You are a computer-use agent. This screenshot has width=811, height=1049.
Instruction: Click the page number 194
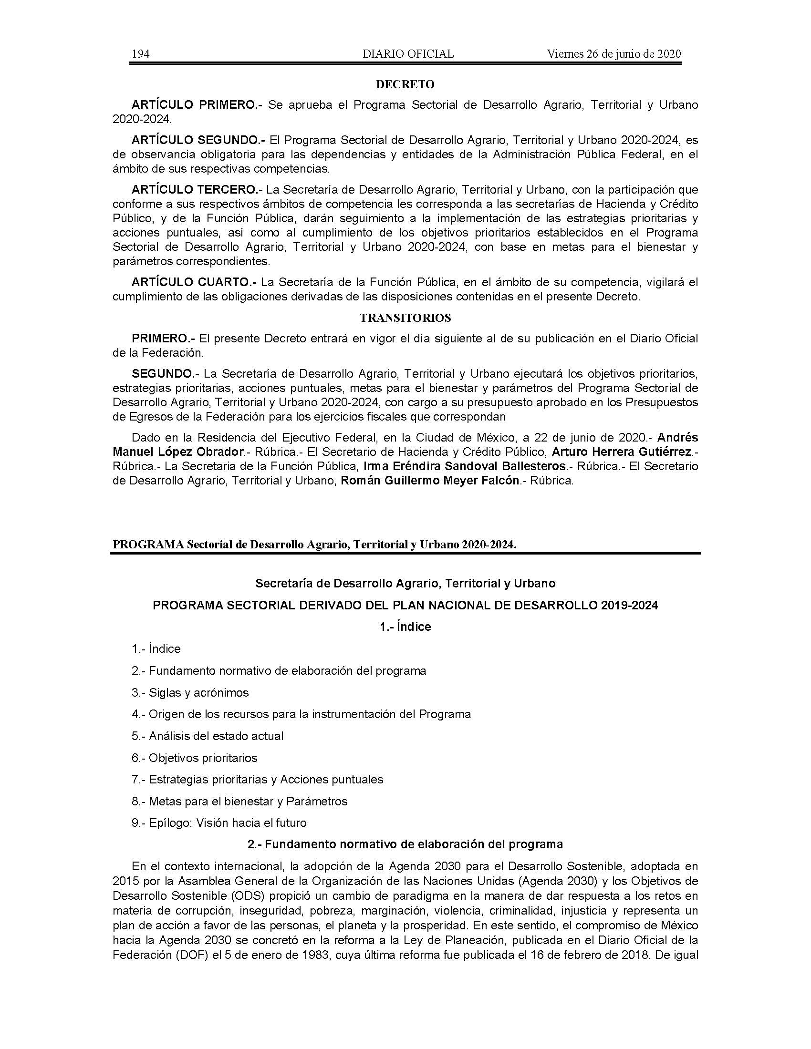point(141,54)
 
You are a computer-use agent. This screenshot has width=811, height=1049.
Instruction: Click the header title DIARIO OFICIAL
point(408,54)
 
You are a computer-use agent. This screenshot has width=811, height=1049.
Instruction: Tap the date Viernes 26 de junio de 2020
point(613,54)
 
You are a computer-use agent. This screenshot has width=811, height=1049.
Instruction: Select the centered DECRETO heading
point(405,84)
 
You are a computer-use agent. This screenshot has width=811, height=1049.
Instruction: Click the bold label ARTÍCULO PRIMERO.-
point(197,105)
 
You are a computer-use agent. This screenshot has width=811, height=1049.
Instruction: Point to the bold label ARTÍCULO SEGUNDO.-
point(198,140)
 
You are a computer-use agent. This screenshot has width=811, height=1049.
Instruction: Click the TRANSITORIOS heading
point(405,318)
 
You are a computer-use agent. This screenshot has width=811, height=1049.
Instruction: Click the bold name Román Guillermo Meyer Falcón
point(430,481)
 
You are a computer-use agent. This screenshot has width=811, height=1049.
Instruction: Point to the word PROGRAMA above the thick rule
point(148,545)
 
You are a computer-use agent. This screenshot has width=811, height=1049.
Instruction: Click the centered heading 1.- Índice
point(405,627)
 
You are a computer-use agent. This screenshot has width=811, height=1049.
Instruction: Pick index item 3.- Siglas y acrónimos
point(190,693)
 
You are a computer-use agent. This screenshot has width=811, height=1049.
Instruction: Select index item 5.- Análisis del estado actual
point(208,736)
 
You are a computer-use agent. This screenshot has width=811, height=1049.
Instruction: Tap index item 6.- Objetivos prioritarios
point(195,758)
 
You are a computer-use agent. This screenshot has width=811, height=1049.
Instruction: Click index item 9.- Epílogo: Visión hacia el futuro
point(219,823)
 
